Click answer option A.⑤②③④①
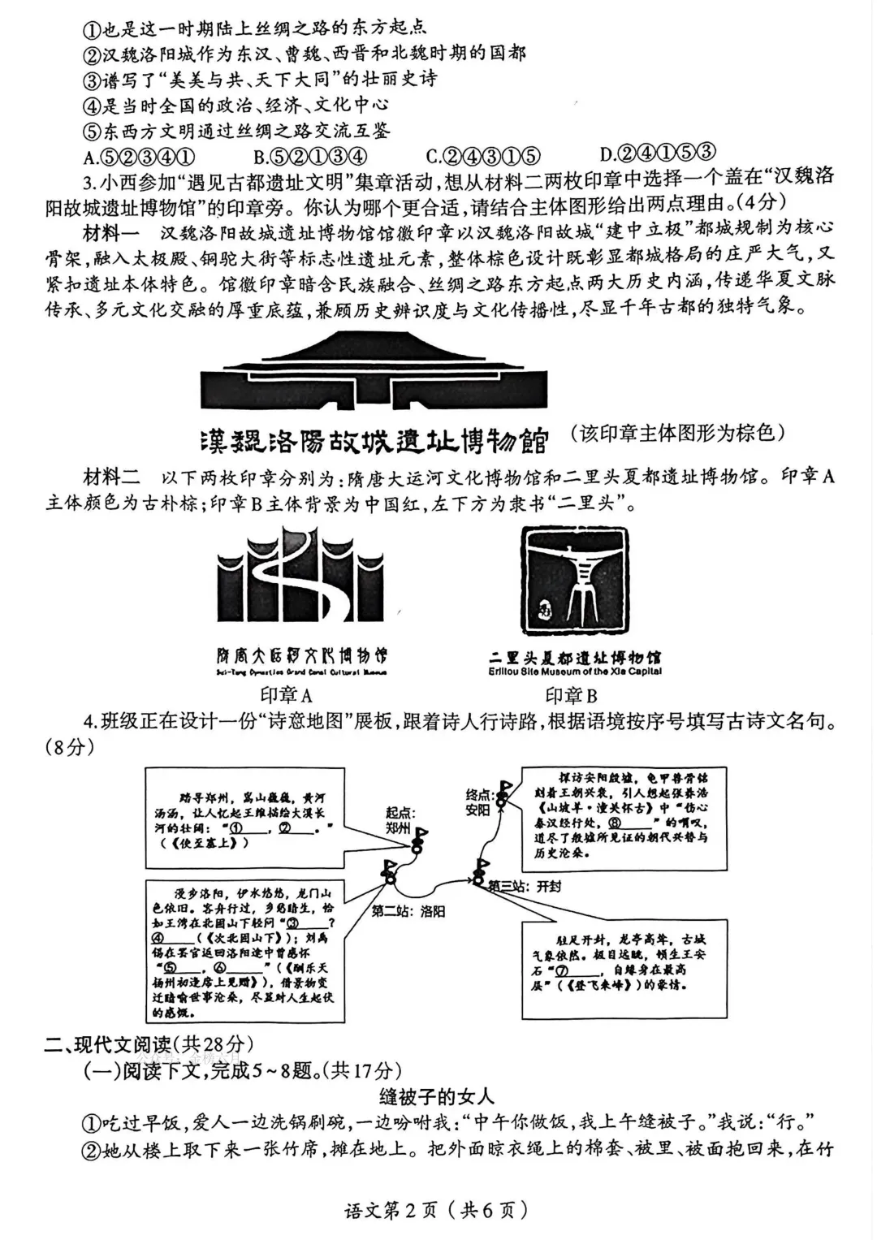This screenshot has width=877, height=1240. click(x=139, y=156)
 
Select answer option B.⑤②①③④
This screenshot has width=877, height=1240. click(x=310, y=156)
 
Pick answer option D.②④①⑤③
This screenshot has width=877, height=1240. click(x=658, y=153)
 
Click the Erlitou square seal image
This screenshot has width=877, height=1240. click(x=575, y=581)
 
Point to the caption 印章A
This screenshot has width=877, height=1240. click(x=286, y=695)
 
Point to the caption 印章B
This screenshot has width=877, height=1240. click(x=572, y=695)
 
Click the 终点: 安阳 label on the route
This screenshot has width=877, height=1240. click(x=477, y=802)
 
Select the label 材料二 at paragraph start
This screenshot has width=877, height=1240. click(x=111, y=477)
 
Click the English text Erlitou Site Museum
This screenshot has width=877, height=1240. click(x=575, y=672)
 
